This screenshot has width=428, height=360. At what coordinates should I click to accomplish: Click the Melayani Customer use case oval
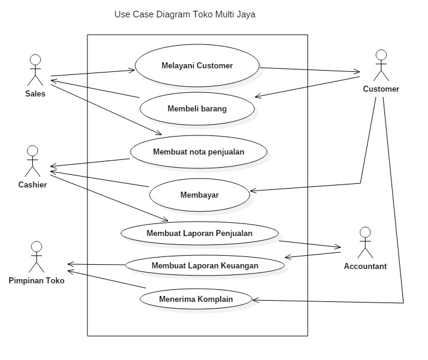click(197, 65)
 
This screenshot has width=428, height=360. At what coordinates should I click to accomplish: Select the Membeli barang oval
click(197, 109)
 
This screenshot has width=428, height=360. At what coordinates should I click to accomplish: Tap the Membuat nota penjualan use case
click(198, 152)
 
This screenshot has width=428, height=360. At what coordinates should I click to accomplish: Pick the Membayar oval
click(199, 195)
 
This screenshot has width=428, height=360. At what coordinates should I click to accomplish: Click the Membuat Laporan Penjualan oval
click(199, 233)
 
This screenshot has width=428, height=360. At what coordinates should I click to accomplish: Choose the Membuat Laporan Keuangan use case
click(204, 265)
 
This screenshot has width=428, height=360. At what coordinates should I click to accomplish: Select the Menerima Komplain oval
click(196, 298)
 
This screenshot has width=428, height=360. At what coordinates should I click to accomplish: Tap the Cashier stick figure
click(32, 161)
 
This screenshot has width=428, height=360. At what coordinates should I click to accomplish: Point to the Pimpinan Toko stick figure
click(37, 257)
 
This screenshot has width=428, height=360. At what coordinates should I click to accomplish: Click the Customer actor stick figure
click(381, 66)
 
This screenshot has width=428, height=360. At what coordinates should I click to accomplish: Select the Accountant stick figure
click(365, 243)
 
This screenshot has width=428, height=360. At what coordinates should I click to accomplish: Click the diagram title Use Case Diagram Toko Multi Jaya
click(184, 14)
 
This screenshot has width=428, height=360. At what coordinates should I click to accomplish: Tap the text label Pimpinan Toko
click(37, 280)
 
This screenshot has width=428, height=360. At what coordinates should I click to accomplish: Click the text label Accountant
click(365, 266)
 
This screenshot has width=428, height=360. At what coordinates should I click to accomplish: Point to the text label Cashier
click(32, 184)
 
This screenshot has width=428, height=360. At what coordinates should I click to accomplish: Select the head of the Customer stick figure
click(381, 56)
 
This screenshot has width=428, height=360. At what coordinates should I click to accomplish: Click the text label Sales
click(35, 93)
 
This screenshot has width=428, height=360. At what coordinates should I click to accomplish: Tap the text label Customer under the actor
click(381, 89)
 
